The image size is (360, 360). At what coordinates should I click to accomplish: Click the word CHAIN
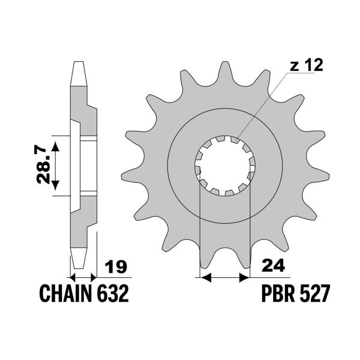tap(64, 295)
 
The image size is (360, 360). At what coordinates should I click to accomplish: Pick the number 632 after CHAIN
tap(111, 295)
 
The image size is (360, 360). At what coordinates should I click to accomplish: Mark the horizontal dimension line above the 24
tap(223, 278)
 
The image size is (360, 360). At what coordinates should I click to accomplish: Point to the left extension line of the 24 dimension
tap(199, 240)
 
